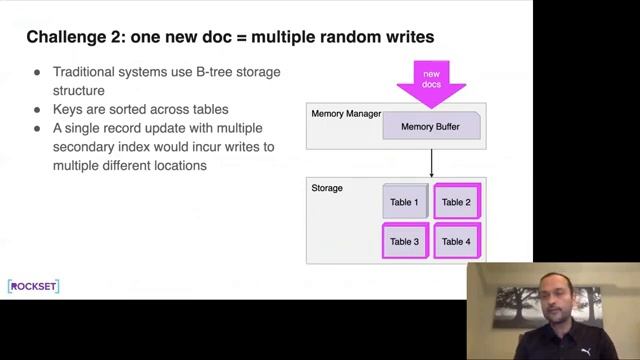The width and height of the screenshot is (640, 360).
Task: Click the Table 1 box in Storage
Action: (x=404, y=202)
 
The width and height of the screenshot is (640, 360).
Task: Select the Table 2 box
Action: (x=456, y=202)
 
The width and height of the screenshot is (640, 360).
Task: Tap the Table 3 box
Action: (x=404, y=241)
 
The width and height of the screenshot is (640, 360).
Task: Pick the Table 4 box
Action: (x=456, y=241)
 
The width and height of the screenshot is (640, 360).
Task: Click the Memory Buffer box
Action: (x=431, y=127)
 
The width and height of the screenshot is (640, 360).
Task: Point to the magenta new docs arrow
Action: (x=431, y=80)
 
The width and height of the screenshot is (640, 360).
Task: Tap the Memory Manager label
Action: (x=346, y=114)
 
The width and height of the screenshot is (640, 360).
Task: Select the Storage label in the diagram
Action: (x=327, y=188)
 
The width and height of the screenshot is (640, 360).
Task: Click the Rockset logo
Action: (x=33, y=287)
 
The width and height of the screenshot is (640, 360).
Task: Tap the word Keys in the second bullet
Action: (x=68, y=109)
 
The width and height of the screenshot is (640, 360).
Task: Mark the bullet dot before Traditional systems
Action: (x=37, y=73)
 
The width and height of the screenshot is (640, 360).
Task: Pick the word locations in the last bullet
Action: (x=181, y=165)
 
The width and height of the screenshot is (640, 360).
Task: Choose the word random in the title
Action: (x=342, y=37)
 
